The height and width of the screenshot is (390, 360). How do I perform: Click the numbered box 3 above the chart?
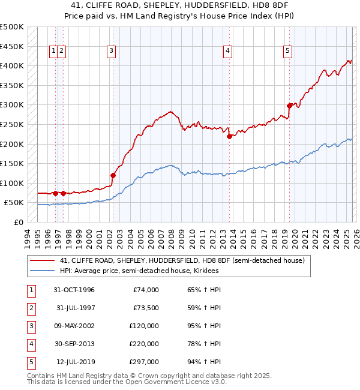tap(112, 52)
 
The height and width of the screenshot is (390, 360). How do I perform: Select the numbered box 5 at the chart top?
tap(288, 52)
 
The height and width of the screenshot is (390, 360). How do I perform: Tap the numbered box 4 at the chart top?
tap(228, 52)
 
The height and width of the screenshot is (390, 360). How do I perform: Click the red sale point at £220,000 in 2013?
tap(229, 136)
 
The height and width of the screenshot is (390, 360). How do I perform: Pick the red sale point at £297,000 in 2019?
tap(289, 106)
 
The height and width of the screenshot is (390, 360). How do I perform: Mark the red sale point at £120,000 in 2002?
tap(113, 175)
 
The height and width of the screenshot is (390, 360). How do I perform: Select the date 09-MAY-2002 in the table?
tap(74, 326)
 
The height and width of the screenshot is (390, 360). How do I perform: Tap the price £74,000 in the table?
tap(145, 290)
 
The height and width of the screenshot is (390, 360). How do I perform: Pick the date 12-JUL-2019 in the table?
tap(75, 362)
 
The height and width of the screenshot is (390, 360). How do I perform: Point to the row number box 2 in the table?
tap(30, 308)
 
